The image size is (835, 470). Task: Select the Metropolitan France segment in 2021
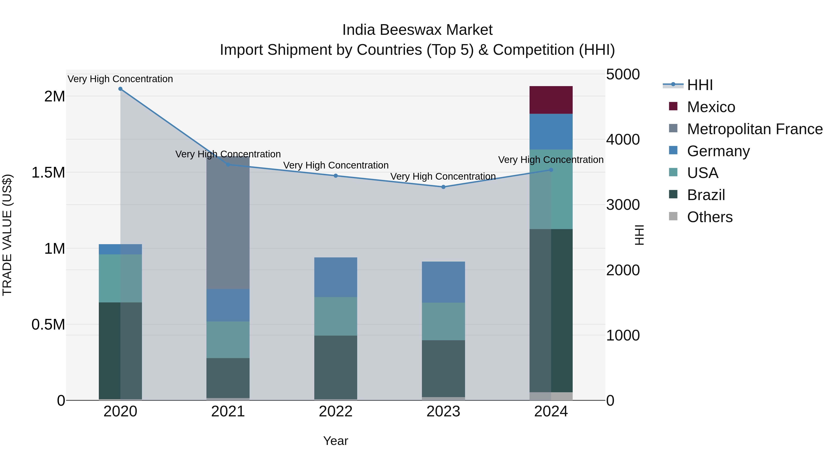228,223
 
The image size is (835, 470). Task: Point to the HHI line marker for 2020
120,89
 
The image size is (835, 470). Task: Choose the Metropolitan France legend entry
754,129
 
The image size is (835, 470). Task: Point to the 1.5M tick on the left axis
48,172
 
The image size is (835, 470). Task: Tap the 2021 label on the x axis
228,412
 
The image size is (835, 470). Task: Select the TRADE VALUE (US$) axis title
7,235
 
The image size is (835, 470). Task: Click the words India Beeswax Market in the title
417,30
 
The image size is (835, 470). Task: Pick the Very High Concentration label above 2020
120,79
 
